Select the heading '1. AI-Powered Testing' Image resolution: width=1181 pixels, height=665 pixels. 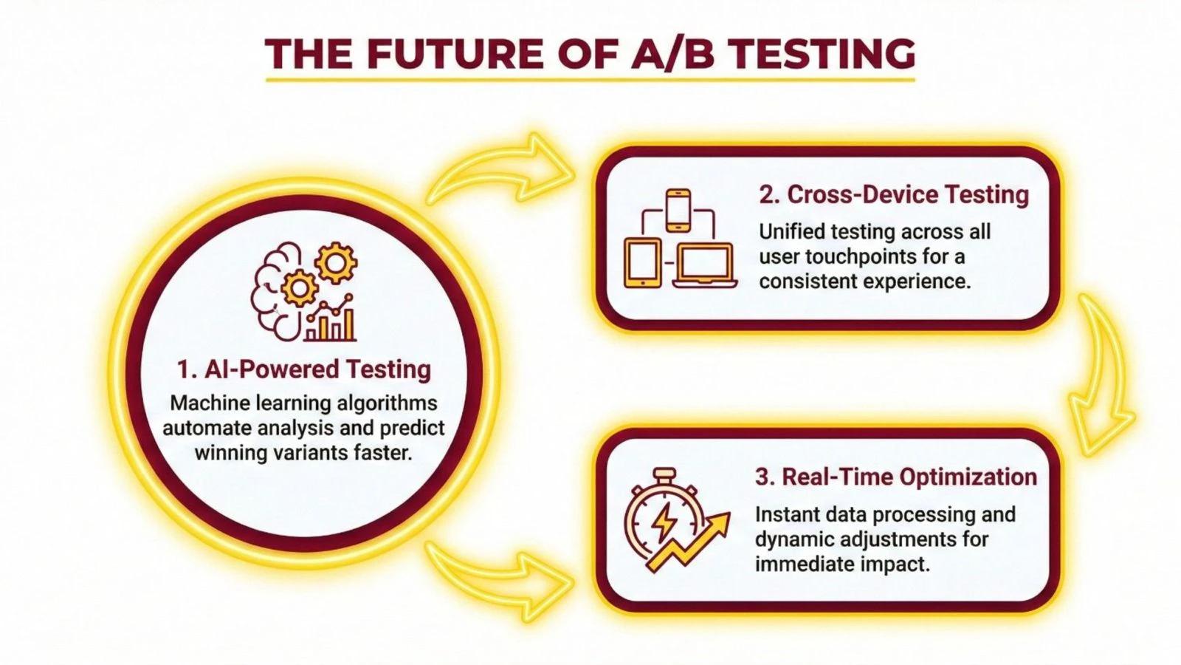(303, 369)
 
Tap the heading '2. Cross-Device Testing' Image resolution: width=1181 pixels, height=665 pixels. (894, 194)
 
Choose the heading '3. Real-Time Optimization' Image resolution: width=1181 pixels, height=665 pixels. (895, 477)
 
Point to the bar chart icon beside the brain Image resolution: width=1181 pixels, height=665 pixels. (331, 321)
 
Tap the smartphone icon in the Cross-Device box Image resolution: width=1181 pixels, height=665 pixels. (678, 209)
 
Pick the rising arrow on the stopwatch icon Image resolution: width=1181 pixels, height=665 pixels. (690, 539)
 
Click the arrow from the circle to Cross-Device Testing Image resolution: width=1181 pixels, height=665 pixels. (502, 170)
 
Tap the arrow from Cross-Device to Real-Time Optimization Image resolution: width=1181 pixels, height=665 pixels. (1100, 377)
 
